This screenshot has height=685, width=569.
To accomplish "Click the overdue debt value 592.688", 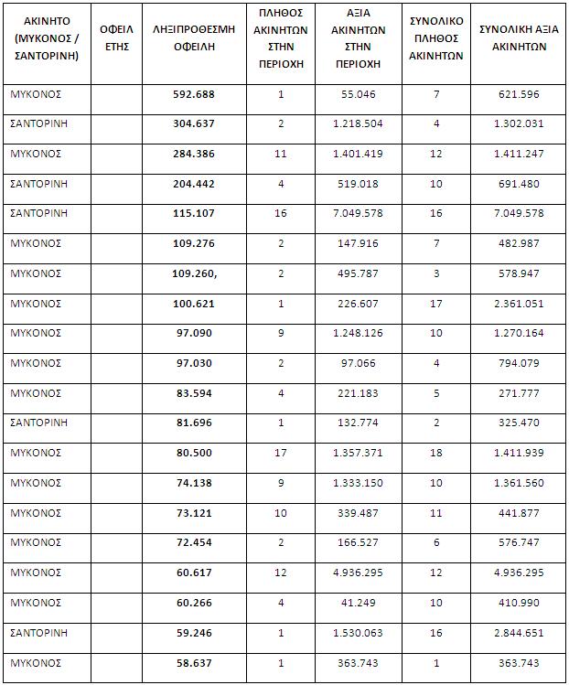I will point(195,95).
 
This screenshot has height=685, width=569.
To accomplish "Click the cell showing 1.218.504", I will point(357,125).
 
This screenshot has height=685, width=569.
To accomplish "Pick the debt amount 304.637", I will point(195,125).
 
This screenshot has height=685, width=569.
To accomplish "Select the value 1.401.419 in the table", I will point(357,155).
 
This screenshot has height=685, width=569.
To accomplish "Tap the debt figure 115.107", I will point(195,214).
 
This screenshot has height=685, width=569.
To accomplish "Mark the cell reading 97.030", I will point(195,363).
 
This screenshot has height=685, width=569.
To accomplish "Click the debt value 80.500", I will point(195,453).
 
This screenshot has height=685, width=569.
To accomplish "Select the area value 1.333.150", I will point(357,482).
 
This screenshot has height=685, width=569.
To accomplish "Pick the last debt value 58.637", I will point(195,661).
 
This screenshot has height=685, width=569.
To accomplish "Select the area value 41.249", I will point(357,602).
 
